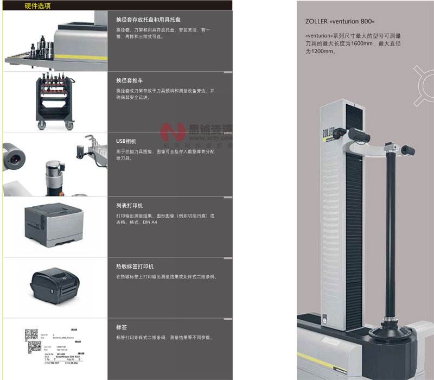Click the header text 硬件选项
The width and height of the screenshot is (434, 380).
point(38,6)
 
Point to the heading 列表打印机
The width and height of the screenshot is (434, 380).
point(131,206)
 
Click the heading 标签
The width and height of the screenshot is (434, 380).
point(122,327)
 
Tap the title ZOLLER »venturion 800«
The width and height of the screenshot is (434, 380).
point(340,22)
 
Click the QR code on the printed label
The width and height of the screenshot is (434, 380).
point(31,335)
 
